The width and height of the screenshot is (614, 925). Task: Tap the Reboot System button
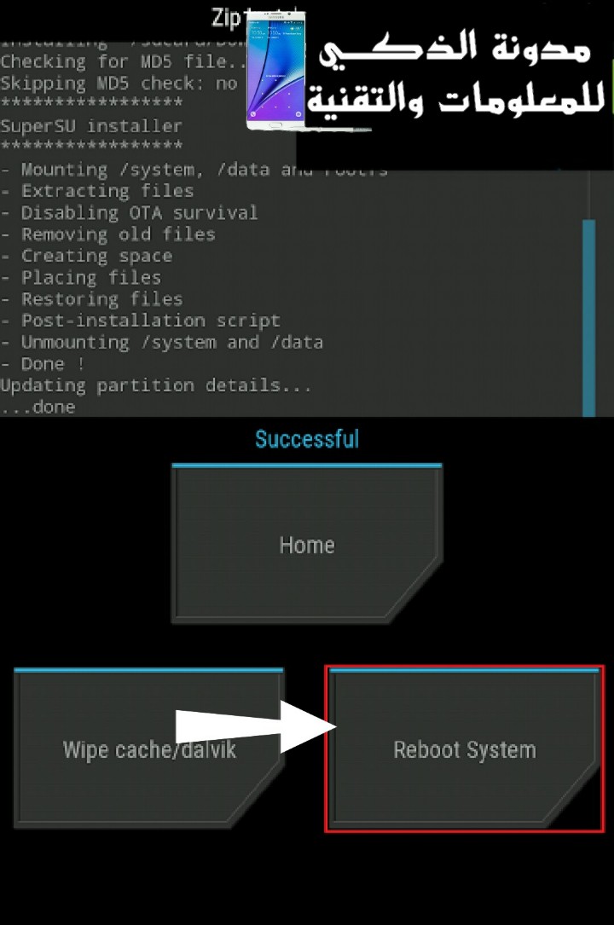(x=465, y=750)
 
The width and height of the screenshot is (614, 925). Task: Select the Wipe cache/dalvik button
(x=149, y=750)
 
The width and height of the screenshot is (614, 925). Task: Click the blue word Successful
(x=307, y=440)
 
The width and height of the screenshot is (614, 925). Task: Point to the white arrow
(x=256, y=726)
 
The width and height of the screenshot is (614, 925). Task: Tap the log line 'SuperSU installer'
(x=91, y=126)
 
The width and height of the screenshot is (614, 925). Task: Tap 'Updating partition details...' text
(x=155, y=385)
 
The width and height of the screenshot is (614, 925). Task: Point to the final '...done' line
(x=38, y=408)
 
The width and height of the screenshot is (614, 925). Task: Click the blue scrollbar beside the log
(x=588, y=315)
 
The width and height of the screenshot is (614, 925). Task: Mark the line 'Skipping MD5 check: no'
(x=119, y=84)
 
